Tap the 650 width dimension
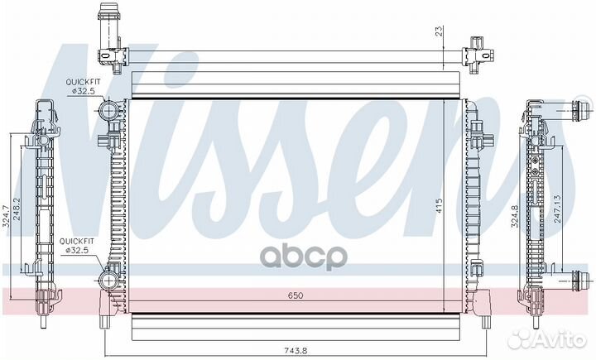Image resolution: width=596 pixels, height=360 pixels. pyautogui.click(x=296, y=295)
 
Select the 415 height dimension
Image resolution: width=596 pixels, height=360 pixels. pyautogui.click(x=439, y=205)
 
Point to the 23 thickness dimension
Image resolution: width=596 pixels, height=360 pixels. pyautogui.click(x=438, y=31)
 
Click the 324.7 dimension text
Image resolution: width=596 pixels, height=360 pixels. pyautogui.click(x=5, y=216)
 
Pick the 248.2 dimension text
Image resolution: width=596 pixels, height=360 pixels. pyautogui.click(x=16, y=210)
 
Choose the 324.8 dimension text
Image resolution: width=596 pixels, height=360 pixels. pyautogui.click(x=515, y=216)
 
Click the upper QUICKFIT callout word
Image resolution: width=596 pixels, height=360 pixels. pyautogui.click(x=84, y=82)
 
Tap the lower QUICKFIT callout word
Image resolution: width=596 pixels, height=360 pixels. pyautogui.click(x=77, y=242)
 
